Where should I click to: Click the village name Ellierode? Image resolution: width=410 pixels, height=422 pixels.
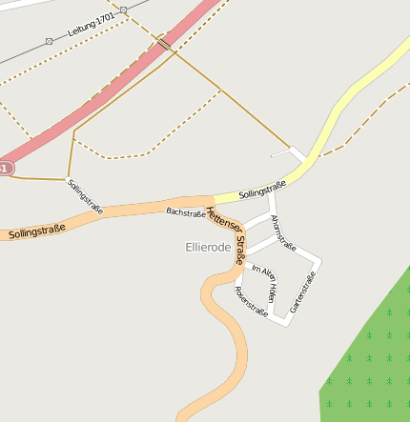tap(207, 247)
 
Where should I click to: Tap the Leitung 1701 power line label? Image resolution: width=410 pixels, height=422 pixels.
tap(92, 26)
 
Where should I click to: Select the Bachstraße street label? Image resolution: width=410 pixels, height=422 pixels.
tap(185, 212)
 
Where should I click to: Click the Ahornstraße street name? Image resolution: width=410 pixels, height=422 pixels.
tap(282, 233)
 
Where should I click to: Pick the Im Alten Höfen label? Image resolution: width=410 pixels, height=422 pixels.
tap(264, 282)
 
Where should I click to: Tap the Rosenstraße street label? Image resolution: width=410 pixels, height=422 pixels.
tap(251, 301)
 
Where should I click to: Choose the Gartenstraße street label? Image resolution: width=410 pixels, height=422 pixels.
tap(302, 292)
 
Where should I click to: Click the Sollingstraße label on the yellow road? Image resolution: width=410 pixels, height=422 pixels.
tap(262, 189)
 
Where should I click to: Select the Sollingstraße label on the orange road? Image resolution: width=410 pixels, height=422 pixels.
tap(37, 230)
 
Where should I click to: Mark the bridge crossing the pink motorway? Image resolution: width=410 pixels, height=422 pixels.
tap(165, 44)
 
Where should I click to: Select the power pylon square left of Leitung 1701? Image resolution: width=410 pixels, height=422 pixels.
tap(49, 41)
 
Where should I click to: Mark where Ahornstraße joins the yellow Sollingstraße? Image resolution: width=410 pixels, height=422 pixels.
tap(273, 195)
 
